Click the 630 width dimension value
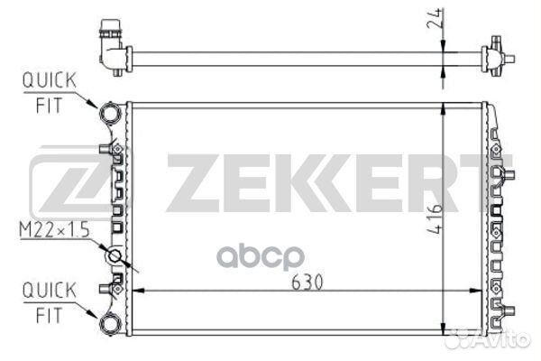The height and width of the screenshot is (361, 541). coord(307,282)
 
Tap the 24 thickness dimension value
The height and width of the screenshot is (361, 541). coord(435,18)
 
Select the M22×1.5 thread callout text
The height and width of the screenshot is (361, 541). coord(54,229)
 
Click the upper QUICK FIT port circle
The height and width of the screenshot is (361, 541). coord(110,113)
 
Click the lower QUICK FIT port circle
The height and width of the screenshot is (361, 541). coord(110,323)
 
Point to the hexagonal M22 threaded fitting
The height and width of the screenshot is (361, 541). coord(114,256)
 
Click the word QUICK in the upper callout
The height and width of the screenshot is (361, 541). coord(50,80)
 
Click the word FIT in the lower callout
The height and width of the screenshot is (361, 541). coord(50,315)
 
